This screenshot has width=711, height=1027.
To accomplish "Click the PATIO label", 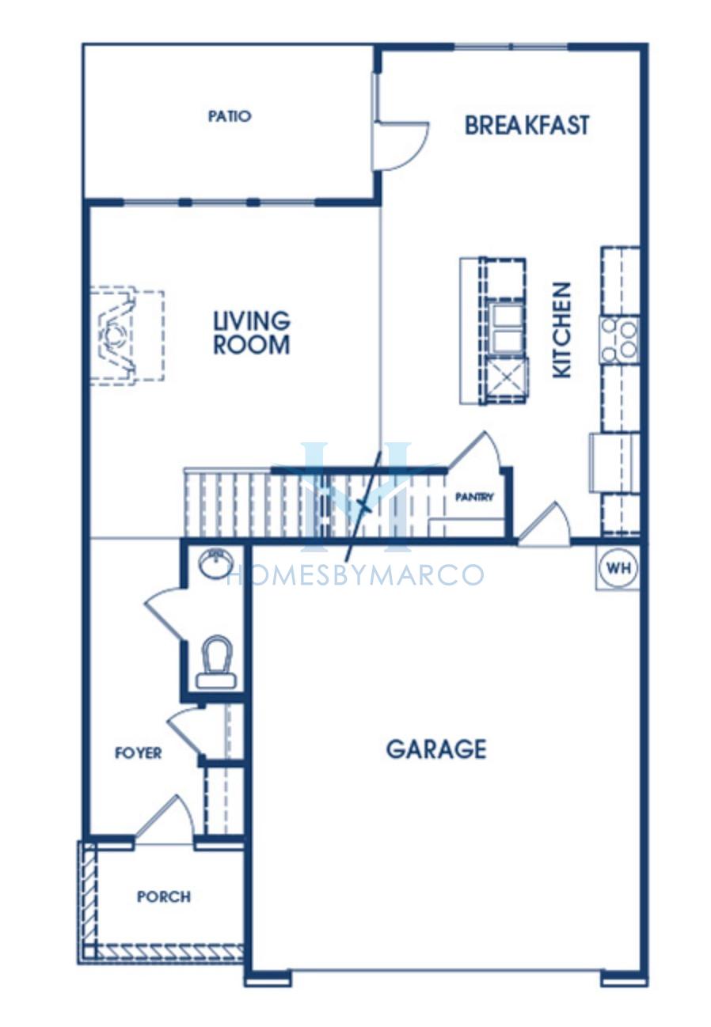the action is click(230, 116).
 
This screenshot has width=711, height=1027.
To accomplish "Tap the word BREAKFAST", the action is click(527, 125).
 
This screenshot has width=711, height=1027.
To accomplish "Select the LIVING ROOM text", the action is click(251, 332).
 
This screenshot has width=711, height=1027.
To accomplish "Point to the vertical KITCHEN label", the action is click(562, 330).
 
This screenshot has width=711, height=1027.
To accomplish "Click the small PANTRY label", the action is click(474, 497).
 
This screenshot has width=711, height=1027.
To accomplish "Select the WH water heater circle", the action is click(618, 567).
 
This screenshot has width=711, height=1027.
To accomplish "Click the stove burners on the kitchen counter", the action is click(619, 339).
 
